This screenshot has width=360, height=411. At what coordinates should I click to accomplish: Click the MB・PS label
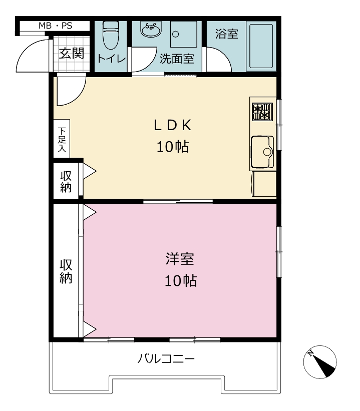pos(55,26)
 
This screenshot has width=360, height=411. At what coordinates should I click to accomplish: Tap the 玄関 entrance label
pos(71,54)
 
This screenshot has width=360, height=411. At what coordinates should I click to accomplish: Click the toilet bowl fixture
pos(111,35)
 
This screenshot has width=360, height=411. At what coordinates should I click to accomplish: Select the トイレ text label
pos(111,58)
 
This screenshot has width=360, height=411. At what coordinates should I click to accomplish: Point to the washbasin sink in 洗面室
pos(151,30)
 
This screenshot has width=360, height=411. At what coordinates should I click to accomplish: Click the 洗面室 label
pos(177,59)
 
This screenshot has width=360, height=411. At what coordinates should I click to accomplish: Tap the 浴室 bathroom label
pos(226,34)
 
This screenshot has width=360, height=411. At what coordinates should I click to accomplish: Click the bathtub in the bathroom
pos(261,46)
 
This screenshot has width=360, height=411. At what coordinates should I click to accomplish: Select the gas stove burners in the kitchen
pos(262,112)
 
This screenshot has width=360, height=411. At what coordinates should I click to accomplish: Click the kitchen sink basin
pos(262,152)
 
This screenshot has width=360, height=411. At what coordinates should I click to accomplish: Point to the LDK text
pos(173,125)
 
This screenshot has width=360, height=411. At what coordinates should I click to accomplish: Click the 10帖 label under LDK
pos(173,147)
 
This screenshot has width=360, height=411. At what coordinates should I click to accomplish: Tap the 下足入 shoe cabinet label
pos(62,140)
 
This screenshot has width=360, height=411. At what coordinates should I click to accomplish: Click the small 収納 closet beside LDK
pos(66,181)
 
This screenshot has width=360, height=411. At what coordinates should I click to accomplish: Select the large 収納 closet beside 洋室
pos(66,271)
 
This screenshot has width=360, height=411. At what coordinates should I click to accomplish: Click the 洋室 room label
pos(180,259)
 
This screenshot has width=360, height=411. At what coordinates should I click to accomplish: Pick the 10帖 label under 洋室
pos(181,281)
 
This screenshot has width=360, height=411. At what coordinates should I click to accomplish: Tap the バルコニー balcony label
pos(166,358)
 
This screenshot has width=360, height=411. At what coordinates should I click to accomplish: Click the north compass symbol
pos(320,362)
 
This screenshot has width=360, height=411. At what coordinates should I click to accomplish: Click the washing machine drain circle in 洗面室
pos(176,35)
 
